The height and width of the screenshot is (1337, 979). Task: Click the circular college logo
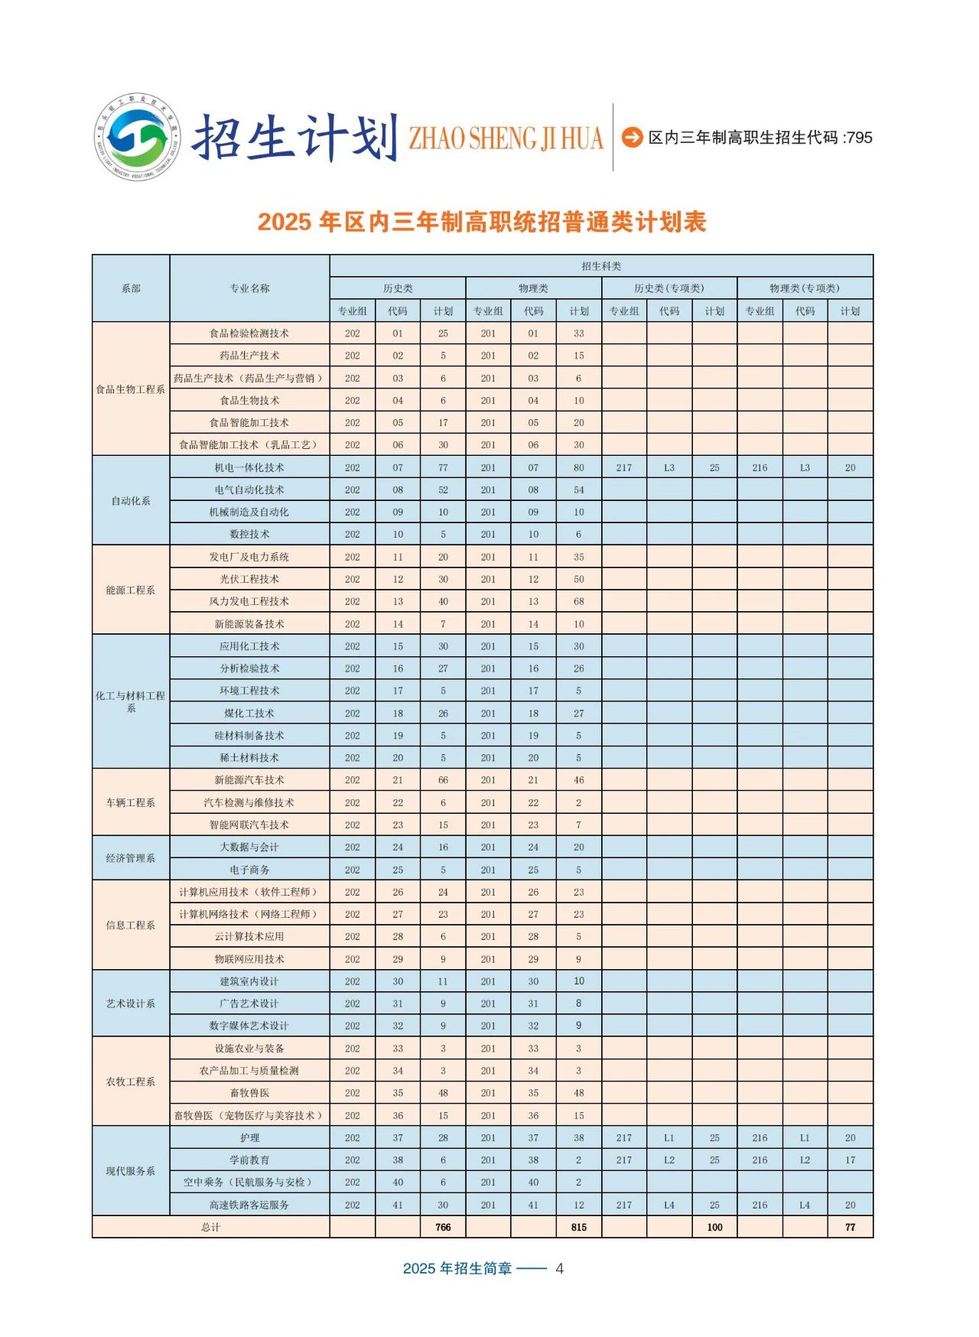pos(138,137)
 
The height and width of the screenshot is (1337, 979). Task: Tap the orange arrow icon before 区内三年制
pos(632,137)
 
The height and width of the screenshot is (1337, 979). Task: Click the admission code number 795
pos(859,138)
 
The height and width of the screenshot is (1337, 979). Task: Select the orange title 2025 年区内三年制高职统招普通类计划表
pos(482,222)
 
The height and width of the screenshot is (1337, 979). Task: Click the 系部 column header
pos(131,288)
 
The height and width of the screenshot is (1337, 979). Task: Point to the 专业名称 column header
pos(249,288)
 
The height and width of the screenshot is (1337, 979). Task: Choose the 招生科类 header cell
pos(601,266)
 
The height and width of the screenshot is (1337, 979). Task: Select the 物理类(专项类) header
pos(805,288)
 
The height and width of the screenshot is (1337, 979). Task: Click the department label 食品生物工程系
pos(131,389)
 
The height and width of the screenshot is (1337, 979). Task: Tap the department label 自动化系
pos(131,501)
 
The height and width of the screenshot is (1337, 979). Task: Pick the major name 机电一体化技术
pos(249,467)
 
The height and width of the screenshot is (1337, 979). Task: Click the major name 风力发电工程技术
pos(249,601)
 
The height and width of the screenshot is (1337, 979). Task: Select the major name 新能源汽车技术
pos(249,780)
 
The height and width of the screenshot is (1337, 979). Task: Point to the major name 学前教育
pos(249,1160)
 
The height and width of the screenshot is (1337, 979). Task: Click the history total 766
pos(443,1227)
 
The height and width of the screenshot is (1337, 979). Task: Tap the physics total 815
pos(579,1227)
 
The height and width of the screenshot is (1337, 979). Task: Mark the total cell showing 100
pos(714,1227)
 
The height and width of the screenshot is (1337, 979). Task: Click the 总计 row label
pos(210,1227)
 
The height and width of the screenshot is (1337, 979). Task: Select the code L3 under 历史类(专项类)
pos(669,467)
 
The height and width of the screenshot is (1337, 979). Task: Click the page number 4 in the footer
pos(560,1269)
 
